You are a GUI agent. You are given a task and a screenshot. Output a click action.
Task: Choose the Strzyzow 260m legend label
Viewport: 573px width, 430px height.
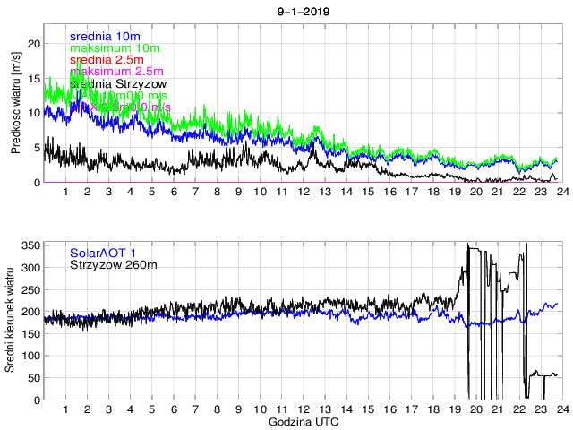[113, 264]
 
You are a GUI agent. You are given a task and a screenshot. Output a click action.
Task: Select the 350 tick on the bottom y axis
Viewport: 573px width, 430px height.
[29, 245]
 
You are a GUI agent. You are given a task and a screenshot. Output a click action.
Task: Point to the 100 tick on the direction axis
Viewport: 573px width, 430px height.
[29, 356]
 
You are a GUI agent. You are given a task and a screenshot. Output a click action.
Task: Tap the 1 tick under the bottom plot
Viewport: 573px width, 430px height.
[65, 409]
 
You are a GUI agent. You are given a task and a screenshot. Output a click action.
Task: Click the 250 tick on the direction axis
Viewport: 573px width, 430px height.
[29, 289]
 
